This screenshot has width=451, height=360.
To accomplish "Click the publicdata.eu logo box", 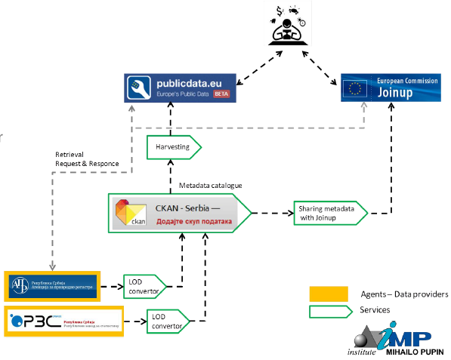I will point(181,87).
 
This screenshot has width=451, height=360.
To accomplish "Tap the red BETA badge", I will point(221,94).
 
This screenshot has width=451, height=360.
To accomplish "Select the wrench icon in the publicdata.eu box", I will point(139,87).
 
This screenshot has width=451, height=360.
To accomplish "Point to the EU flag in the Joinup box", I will point(354,88).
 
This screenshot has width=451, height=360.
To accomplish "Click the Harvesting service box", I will point(173,146).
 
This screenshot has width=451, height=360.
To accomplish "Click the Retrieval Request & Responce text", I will point(82,158).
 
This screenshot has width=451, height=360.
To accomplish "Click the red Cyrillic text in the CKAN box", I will point(195,221).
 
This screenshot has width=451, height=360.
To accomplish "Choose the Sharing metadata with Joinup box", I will point(330,214).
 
